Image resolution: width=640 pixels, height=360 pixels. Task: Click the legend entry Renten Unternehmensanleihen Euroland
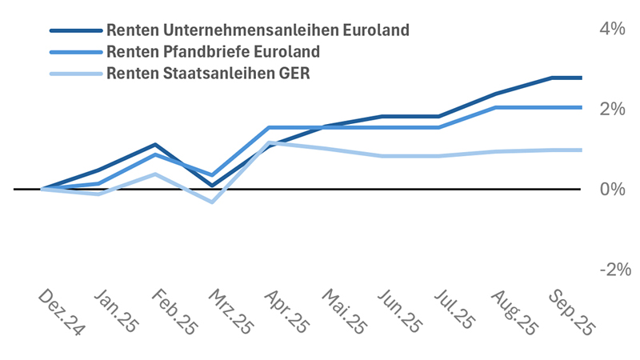click(x=257, y=30)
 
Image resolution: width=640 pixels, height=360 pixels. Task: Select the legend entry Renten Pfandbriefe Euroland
click(x=212, y=52)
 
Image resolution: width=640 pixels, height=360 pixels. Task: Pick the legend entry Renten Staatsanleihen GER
click(x=207, y=74)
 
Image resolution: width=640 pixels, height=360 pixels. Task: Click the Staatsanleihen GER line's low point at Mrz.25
click(x=212, y=202)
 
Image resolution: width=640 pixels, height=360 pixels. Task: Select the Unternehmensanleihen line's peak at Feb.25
click(x=155, y=145)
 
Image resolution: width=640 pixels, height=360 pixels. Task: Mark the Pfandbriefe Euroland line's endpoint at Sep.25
click(x=582, y=107)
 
